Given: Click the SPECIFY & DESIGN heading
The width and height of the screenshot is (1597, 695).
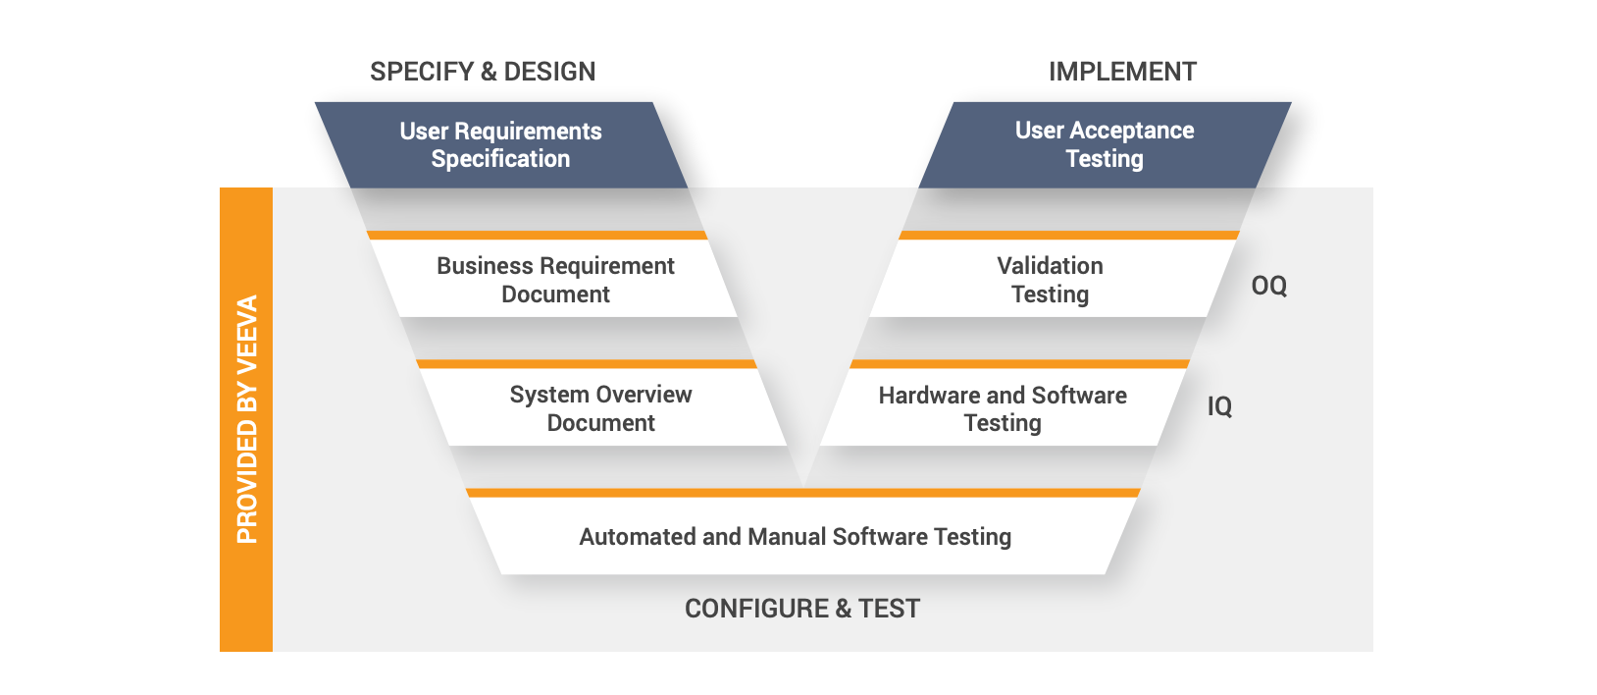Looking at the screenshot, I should click(x=483, y=72).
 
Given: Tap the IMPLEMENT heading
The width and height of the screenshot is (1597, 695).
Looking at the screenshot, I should click(x=1122, y=72).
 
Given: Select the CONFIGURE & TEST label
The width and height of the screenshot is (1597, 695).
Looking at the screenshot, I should click(x=802, y=609).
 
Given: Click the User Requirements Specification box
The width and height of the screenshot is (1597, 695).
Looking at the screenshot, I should click(x=500, y=145).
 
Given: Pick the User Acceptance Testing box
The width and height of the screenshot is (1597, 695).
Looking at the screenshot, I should click(x=1105, y=145).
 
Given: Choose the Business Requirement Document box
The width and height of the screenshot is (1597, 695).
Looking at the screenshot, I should click(x=555, y=280).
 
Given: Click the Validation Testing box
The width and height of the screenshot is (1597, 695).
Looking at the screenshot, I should click(x=1050, y=280).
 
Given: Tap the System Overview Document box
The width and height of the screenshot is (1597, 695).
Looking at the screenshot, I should click(x=600, y=408).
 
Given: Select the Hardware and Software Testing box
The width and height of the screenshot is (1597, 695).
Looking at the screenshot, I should click(x=1003, y=408).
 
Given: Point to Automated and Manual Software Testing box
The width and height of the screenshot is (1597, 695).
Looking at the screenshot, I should click(x=795, y=537).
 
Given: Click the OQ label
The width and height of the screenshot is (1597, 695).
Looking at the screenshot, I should click(x=1268, y=286).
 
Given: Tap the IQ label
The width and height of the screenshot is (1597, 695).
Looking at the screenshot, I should click(x=1219, y=406).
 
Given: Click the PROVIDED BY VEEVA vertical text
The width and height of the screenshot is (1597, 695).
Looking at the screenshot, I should click(x=247, y=419).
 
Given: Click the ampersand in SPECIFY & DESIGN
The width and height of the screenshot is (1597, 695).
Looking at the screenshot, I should click(x=489, y=72).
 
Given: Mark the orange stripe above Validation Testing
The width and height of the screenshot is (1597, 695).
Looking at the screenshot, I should click(x=1068, y=236).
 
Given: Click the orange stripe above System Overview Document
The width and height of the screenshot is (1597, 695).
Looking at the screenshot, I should click(x=587, y=364).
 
